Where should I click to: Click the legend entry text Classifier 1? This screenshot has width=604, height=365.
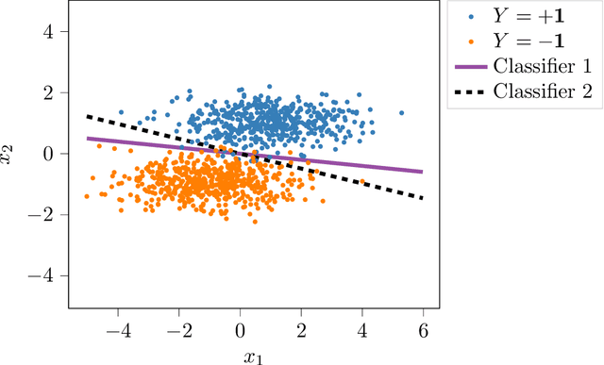pos(547,66)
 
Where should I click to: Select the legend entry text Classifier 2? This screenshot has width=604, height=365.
pos(547,91)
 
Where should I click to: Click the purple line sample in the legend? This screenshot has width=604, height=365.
pos(471,67)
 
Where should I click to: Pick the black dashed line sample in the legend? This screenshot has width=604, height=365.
pos(471,91)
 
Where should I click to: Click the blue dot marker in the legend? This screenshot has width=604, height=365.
pos(471,18)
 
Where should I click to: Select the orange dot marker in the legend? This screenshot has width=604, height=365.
pos(471,42)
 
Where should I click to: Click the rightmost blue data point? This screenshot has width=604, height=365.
pos(401,112)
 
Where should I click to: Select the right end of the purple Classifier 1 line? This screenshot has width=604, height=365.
pos(422,172)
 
